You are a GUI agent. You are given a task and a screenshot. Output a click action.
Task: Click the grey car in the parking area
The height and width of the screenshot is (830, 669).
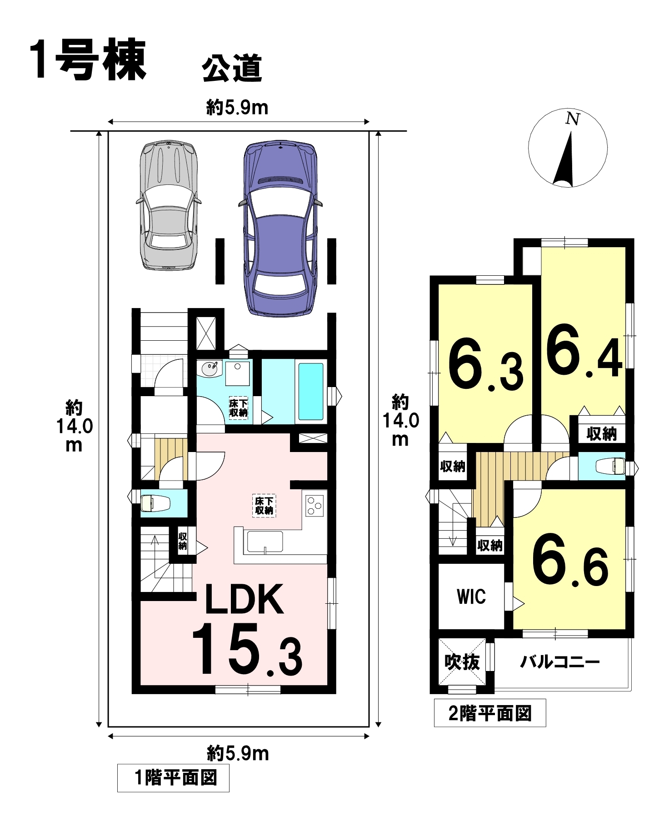point(169,205)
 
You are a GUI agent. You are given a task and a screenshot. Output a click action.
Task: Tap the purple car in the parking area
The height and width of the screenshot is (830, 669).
point(280,229)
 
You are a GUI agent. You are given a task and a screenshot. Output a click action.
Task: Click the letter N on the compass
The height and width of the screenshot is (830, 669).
point(573,119)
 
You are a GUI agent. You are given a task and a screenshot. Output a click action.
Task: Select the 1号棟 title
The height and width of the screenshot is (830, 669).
point(88,60)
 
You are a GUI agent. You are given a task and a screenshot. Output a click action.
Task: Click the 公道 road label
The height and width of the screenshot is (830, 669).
point(232,69)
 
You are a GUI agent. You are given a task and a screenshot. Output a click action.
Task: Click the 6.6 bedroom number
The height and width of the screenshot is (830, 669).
point(570,560)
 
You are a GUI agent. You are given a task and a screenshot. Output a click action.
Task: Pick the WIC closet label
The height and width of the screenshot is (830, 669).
point(471,596)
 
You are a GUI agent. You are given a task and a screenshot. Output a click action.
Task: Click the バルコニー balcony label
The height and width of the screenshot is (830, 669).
point(560,661)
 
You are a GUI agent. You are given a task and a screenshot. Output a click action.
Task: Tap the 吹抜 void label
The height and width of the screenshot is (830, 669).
point(462,662)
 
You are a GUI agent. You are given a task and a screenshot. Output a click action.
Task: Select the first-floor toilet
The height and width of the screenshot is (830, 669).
point(156,503)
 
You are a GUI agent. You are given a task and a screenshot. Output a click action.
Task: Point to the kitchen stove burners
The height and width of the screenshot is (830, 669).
point(314,506)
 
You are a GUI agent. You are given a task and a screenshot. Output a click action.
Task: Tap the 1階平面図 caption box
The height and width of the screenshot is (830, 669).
point(173,778)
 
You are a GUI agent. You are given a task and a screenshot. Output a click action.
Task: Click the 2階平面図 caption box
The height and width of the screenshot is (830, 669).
point(490,713)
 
